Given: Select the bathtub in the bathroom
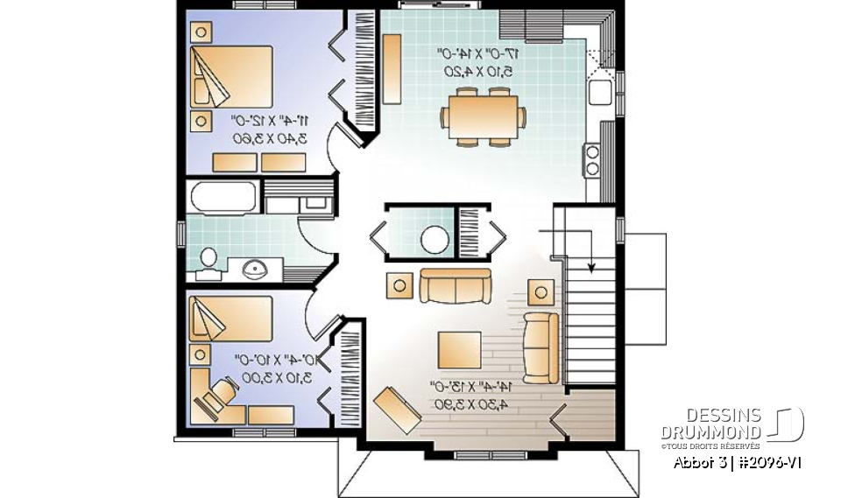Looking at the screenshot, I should (223, 197).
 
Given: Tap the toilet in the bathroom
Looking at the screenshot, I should (208, 260).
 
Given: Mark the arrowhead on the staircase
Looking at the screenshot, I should (593, 269).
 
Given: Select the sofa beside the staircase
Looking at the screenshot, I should (541, 347).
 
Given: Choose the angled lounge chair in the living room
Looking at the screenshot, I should (399, 409).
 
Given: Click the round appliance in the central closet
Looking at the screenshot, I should (434, 238).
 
